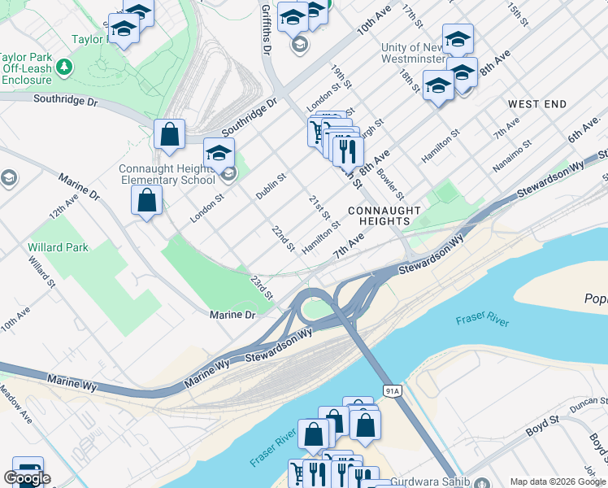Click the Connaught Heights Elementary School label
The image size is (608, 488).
[x=167, y=174]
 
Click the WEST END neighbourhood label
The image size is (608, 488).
[x=536, y=105]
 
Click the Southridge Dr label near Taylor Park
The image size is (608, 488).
[x=65, y=101]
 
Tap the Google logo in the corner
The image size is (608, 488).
[x=27, y=478]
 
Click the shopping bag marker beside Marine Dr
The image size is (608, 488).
[x=146, y=200]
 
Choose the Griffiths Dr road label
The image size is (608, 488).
[x=266, y=28]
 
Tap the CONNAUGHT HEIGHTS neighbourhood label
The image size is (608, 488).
[x=384, y=216]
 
